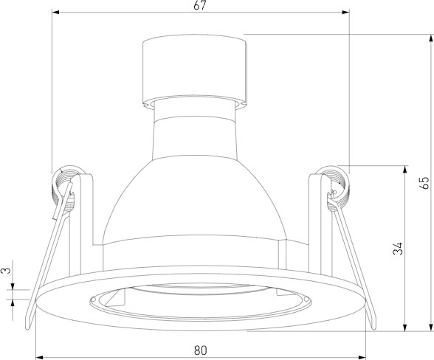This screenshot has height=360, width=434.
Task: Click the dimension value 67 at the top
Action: pyautogui.click(x=200, y=5)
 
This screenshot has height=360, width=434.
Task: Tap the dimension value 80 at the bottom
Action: pyautogui.click(x=201, y=350)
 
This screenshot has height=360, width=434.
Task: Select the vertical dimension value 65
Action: pyautogui.click(x=424, y=182)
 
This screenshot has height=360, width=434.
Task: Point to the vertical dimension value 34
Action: pyautogui.click(x=399, y=248)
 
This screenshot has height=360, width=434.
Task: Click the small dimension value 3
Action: pyautogui.click(x=7, y=270)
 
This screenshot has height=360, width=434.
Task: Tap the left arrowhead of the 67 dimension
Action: pyautogui.click(x=55, y=13)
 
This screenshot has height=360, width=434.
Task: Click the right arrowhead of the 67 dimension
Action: pyautogui.click(x=345, y=13)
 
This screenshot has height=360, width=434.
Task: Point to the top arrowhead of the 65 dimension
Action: pyautogui.click(x=431, y=38)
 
